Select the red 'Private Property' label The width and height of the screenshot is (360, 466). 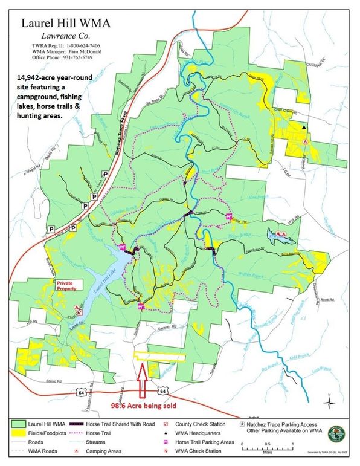pos(68,285)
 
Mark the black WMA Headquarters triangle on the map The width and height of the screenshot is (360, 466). pos(304,127)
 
